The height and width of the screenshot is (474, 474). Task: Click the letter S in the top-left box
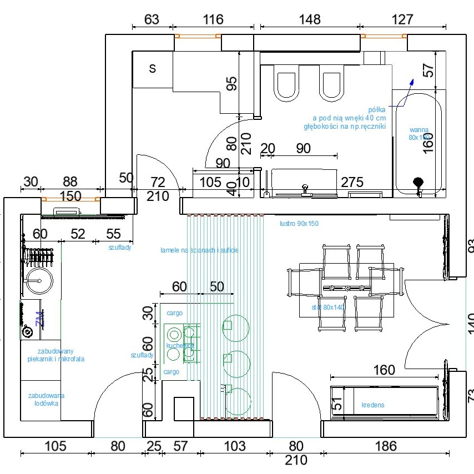click(153, 69)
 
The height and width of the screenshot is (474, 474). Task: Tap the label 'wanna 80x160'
click(419, 134)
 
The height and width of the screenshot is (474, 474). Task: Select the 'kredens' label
click(372, 405)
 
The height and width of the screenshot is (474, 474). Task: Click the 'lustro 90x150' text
click(299, 224)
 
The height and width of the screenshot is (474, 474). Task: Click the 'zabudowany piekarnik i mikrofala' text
click(56, 355)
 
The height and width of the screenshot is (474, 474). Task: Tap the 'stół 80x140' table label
click(328, 306)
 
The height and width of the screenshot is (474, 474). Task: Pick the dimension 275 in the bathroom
click(352, 181)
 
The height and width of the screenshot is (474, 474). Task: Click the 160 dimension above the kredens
click(384, 370)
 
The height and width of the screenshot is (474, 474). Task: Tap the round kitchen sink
click(39, 281)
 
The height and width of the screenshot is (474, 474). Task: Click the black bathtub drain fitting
click(418, 181)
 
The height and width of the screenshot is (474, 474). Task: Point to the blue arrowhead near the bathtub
click(411, 82)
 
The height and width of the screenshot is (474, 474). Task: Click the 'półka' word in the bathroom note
click(377, 110)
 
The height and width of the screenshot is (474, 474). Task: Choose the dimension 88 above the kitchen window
click(70, 182)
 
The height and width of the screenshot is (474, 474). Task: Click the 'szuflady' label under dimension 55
click(120, 248)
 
